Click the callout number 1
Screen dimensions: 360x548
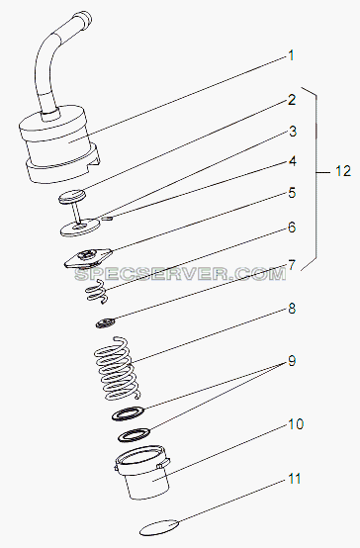pos(291,55)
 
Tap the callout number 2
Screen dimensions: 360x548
pos(292,100)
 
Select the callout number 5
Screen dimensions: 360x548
pos(292,193)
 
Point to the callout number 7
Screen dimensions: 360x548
pos(292,265)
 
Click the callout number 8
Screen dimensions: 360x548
pos(292,309)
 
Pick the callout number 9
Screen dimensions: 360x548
pos(292,361)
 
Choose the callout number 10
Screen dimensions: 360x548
pos(296,424)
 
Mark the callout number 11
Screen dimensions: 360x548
pos(295,479)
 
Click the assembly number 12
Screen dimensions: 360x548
pos(343,171)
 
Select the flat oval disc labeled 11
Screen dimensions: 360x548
pos(160,528)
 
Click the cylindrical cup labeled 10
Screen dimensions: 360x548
pos(142,472)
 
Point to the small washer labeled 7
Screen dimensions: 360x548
pos(106,322)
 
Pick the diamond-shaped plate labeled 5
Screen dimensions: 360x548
pos(88,258)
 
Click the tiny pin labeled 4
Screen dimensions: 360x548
pos(108,219)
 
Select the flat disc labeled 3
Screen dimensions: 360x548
pos(80,228)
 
